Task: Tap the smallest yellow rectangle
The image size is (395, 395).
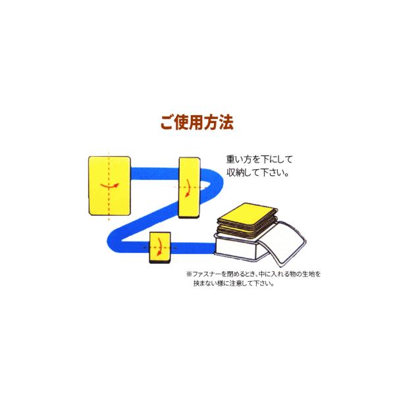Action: click(161, 248)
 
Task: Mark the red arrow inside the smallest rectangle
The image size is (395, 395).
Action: click(160, 248)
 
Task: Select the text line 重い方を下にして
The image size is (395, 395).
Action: click(257, 160)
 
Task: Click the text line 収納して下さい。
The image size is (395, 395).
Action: click(257, 175)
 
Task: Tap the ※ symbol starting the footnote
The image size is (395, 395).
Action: click(188, 273)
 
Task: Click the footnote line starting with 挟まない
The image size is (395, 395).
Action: click(234, 284)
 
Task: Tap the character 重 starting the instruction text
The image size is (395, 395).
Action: click(229, 160)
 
